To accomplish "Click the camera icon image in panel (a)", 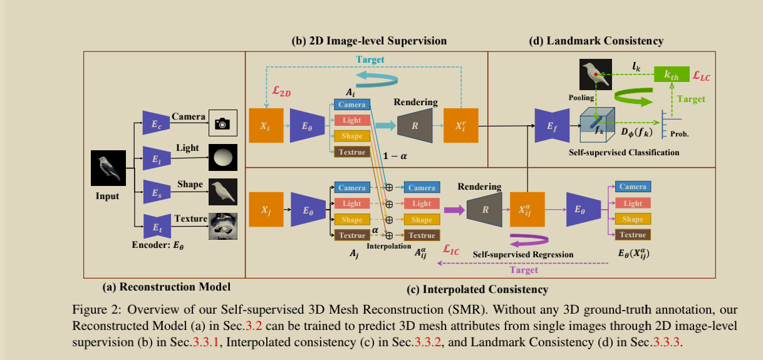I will [222, 123].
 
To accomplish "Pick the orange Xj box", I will [266, 210].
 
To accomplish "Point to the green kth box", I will [670, 75].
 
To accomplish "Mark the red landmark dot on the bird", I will [596, 74].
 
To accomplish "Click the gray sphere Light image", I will [222, 157].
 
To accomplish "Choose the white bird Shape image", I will [222, 191].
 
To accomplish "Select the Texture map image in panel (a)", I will [222, 226].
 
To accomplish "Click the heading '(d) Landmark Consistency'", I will [596, 41].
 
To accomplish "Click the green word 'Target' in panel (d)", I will [691, 99].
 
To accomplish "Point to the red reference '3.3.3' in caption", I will [666, 342].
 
